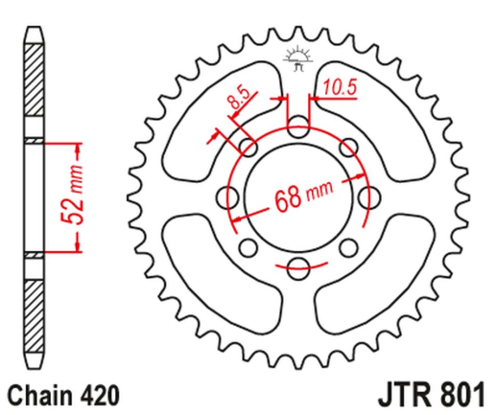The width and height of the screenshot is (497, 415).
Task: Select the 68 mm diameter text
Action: click(299, 200)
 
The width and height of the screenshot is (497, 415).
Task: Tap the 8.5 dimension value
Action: click(236, 98)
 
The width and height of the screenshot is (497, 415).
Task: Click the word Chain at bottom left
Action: click(35, 394)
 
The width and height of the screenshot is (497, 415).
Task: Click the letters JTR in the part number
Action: click(398, 393)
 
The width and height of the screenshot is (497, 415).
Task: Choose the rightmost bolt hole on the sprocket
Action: click(367, 198)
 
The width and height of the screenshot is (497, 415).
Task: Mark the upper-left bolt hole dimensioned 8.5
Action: click(248, 147)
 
